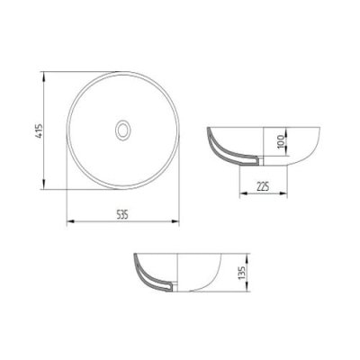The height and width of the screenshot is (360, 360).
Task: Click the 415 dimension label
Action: point(40,130)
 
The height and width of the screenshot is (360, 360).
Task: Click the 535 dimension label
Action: point(122,214)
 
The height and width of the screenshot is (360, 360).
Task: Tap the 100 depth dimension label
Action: point(281,141)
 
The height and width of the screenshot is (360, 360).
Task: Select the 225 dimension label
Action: point(263,186)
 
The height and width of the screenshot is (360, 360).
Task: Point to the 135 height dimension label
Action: point(242,273)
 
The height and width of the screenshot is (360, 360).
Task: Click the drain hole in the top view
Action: point(123,130)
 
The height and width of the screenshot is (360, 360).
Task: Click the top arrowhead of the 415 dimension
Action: point(44,76)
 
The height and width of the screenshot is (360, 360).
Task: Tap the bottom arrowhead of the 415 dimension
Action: point(44,184)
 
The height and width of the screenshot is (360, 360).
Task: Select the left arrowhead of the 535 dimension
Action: point(70,221)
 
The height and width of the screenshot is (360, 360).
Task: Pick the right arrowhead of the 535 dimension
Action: point(175,221)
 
